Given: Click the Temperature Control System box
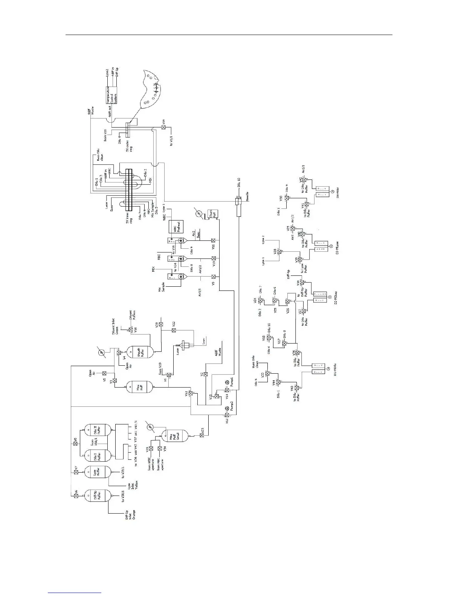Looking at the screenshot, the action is (x=111, y=96).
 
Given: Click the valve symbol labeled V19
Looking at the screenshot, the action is (x=163, y=128).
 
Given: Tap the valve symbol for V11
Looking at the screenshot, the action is (x=213, y=241).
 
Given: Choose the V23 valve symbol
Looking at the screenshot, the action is (x=202, y=435).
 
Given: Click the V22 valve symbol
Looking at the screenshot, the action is (x=174, y=330).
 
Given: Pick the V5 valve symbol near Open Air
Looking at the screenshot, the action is (x=104, y=373).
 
